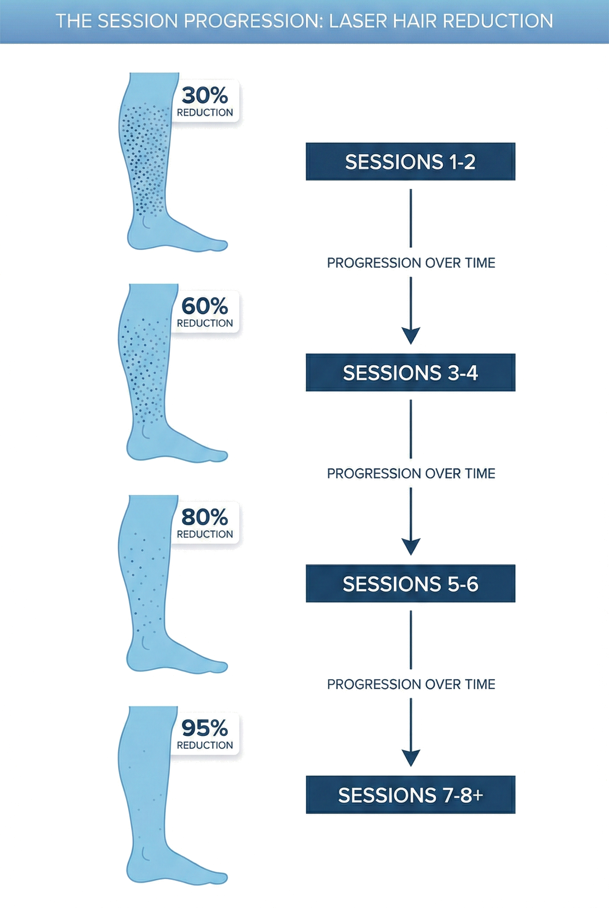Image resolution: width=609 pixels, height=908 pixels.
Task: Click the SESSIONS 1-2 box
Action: tap(410, 162)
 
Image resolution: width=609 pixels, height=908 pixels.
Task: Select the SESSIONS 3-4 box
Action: tap(410, 372)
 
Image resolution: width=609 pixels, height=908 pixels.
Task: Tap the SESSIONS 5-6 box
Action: tap(410, 584)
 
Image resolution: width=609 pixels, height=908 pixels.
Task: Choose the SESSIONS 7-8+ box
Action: tap(410, 795)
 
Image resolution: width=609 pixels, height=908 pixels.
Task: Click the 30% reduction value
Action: tap(205, 96)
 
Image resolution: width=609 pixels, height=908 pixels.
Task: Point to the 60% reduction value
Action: tap(205, 306)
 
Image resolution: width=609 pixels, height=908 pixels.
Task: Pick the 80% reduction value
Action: tap(205, 517)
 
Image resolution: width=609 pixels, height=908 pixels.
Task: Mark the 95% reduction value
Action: tap(205, 728)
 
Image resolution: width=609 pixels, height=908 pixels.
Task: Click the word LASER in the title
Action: tap(358, 21)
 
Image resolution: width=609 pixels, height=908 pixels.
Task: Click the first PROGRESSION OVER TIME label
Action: tap(411, 263)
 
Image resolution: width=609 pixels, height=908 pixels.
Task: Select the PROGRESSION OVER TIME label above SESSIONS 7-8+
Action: tap(411, 685)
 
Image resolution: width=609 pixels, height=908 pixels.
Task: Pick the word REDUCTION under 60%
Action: tap(205, 323)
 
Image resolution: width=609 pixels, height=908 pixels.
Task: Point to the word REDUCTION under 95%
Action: tap(205, 745)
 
